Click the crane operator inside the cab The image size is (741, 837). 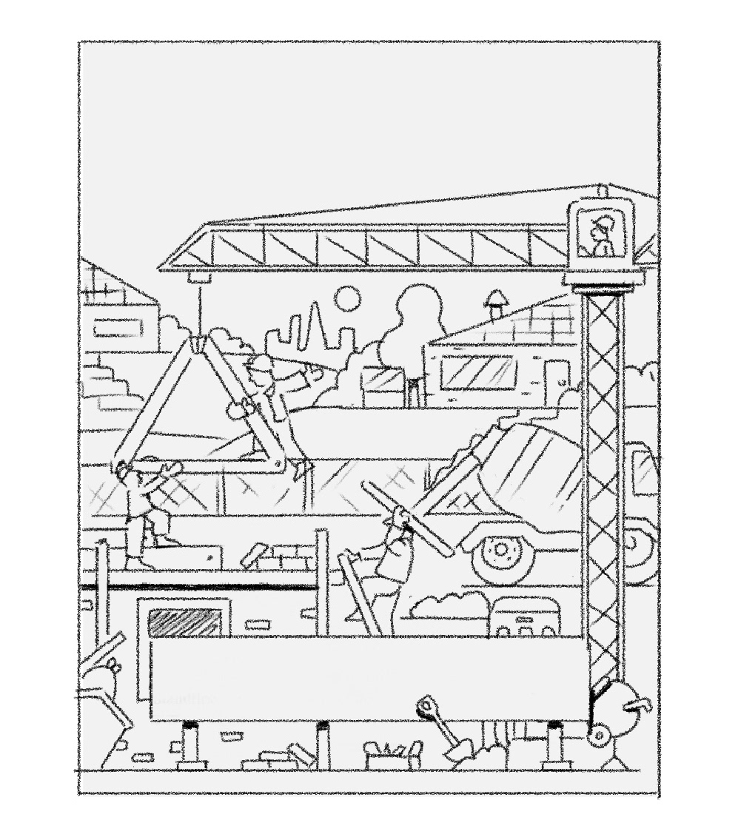click(601, 236)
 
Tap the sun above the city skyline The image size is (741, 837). click(346, 300)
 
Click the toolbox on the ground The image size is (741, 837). click(392, 756)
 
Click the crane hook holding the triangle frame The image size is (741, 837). click(198, 345)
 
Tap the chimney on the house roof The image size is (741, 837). click(494, 304)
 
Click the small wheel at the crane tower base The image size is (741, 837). click(598, 736)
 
